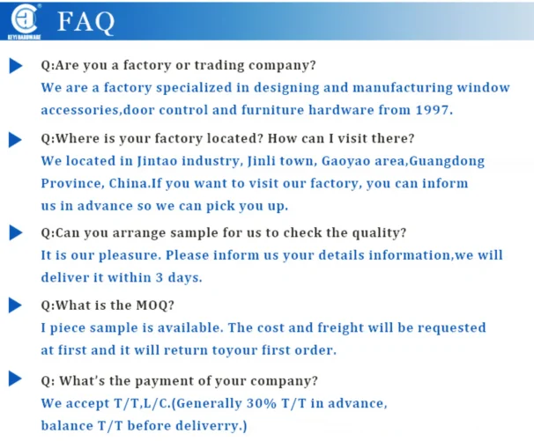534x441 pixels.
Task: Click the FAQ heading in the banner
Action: [85, 22]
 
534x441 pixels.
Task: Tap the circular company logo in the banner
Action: [24, 18]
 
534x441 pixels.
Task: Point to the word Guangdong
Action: [447, 161]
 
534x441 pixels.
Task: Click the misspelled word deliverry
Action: [207, 426]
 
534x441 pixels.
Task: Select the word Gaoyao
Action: [345, 161]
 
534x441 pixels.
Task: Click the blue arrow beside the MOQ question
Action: [15, 305]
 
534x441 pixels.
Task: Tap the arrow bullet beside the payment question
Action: [15, 379]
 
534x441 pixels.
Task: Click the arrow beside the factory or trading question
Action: [16, 66]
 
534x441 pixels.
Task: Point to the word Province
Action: [70, 183]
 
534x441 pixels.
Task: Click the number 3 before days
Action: [159, 277]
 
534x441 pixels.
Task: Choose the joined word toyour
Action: [234, 350]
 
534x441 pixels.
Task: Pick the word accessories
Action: [80, 110]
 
